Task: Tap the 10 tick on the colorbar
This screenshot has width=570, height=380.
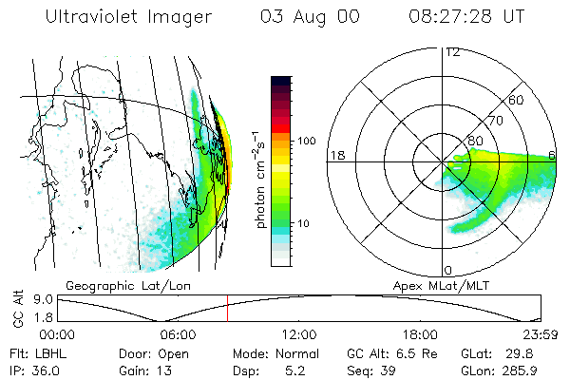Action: tap(305, 224)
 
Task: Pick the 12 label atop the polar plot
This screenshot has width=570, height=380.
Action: tap(453, 51)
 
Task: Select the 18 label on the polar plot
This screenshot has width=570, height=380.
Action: tap(336, 155)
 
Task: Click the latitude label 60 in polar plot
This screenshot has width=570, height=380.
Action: tap(516, 100)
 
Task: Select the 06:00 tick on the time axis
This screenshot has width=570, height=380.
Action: tap(178, 334)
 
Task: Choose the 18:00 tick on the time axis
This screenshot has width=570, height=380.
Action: tap(420, 334)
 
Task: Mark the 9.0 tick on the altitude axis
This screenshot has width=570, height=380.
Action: tap(43, 299)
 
